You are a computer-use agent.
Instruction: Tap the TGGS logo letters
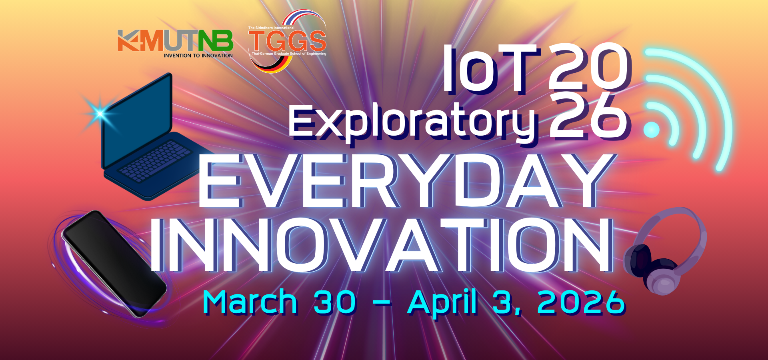click(287, 41)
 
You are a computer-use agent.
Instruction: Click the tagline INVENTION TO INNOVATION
click(198, 56)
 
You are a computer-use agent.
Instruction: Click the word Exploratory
click(412, 122)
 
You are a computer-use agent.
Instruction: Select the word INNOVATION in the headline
click(382, 245)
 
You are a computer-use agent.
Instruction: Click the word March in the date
click(250, 302)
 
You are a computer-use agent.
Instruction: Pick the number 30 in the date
click(335, 302)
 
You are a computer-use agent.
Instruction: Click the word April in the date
click(442, 303)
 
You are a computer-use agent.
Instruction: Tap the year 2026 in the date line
click(581, 302)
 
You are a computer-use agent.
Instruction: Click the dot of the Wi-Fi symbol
click(652, 130)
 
